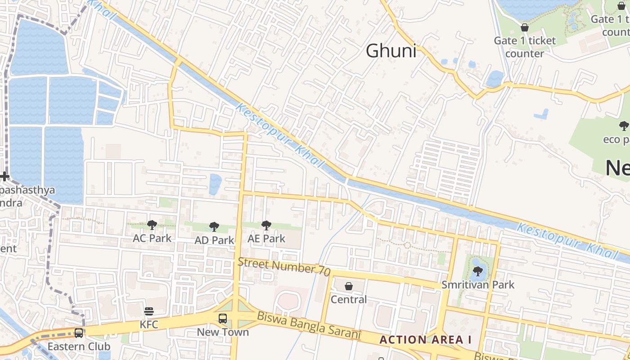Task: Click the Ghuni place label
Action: coord(391,51)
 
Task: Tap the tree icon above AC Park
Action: coord(152,225)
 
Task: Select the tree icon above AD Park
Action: coord(214,227)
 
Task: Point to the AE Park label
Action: coord(266,238)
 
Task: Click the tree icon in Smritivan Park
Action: coord(477,271)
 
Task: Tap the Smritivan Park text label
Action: coord(477,285)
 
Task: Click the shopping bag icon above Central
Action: coord(349,286)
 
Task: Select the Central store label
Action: coord(349,299)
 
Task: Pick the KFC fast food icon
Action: coord(149,311)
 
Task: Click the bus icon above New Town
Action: coord(223,319)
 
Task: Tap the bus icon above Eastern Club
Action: coord(79,333)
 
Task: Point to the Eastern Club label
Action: coord(79,346)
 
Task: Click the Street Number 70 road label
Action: coord(284,266)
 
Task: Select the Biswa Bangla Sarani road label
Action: coord(309,325)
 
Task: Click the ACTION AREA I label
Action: coord(425,340)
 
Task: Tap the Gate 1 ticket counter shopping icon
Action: coord(525,28)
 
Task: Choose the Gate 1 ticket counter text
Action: coord(525,47)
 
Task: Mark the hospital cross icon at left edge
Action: coord(4,176)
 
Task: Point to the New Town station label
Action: coord(223,332)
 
